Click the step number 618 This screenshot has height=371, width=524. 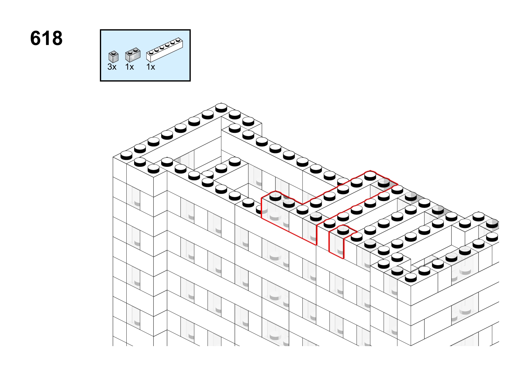coord(46,38)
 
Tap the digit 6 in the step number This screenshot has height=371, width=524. coord(36,38)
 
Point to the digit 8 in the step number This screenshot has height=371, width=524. coord(57,38)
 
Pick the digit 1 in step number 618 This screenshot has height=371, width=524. coord(46,38)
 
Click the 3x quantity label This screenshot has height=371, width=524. coord(112,67)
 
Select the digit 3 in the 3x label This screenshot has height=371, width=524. coord(110,67)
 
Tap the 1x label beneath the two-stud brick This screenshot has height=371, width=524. coord(129,67)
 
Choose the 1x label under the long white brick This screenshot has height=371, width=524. coord(151,67)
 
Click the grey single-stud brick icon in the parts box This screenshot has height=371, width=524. coord(114,57)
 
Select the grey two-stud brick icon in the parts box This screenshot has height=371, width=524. coord(133,55)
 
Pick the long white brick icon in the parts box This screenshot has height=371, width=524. coord(165,50)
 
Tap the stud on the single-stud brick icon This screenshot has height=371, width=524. coord(114,53)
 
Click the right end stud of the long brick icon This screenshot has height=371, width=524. coord(178,40)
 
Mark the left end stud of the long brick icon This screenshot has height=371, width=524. coord(151,52)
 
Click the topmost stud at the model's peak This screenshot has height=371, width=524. coord(221,107)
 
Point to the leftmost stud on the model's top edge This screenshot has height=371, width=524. coord(126,155)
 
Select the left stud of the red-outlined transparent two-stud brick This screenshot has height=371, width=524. coord(275,196)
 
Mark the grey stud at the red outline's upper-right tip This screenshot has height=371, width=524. coord(384,183)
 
